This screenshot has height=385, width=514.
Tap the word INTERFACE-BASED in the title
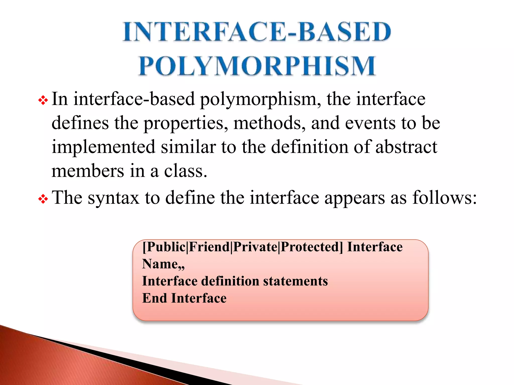click(x=257, y=32)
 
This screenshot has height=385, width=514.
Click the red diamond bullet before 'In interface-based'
click(x=43, y=101)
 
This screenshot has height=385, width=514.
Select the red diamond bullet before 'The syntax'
click(x=43, y=199)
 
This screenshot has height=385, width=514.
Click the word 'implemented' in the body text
click(x=103, y=147)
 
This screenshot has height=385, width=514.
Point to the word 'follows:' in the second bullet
click(x=444, y=198)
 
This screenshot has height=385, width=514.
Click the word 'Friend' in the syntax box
click(x=209, y=247)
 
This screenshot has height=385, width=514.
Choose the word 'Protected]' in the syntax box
click(x=311, y=247)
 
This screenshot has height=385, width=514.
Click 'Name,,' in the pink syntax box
click(x=163, y=264)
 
